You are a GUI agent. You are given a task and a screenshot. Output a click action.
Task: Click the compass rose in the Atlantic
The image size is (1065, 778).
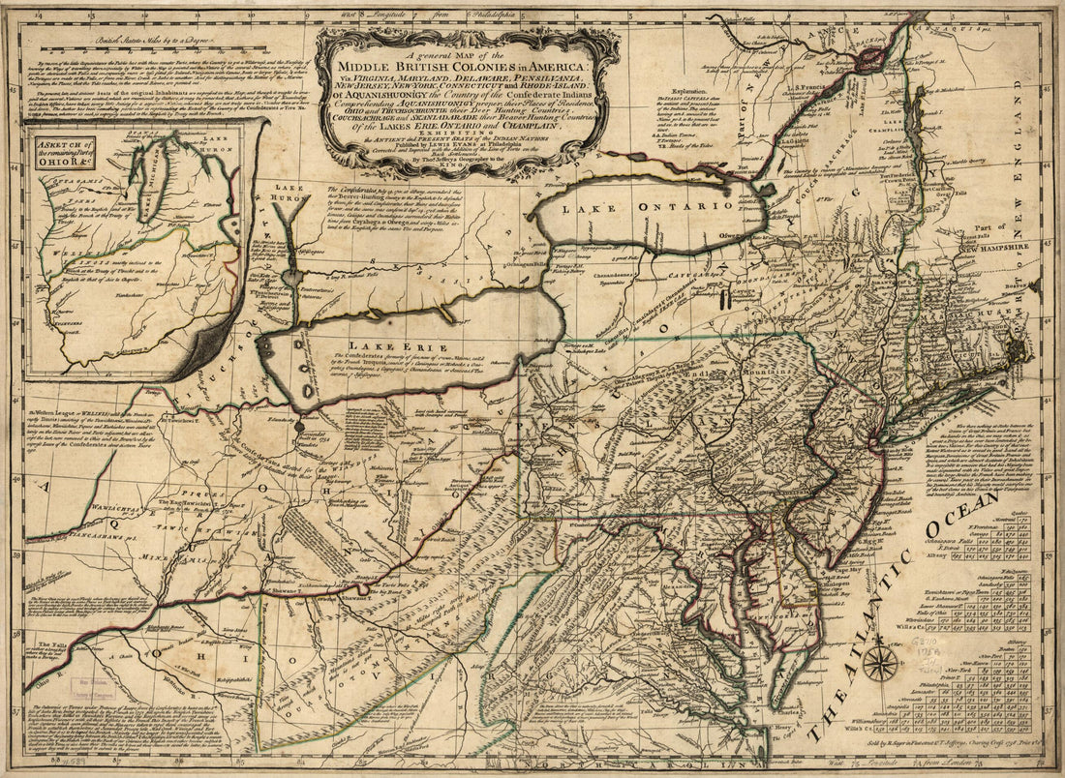click(880, 664)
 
